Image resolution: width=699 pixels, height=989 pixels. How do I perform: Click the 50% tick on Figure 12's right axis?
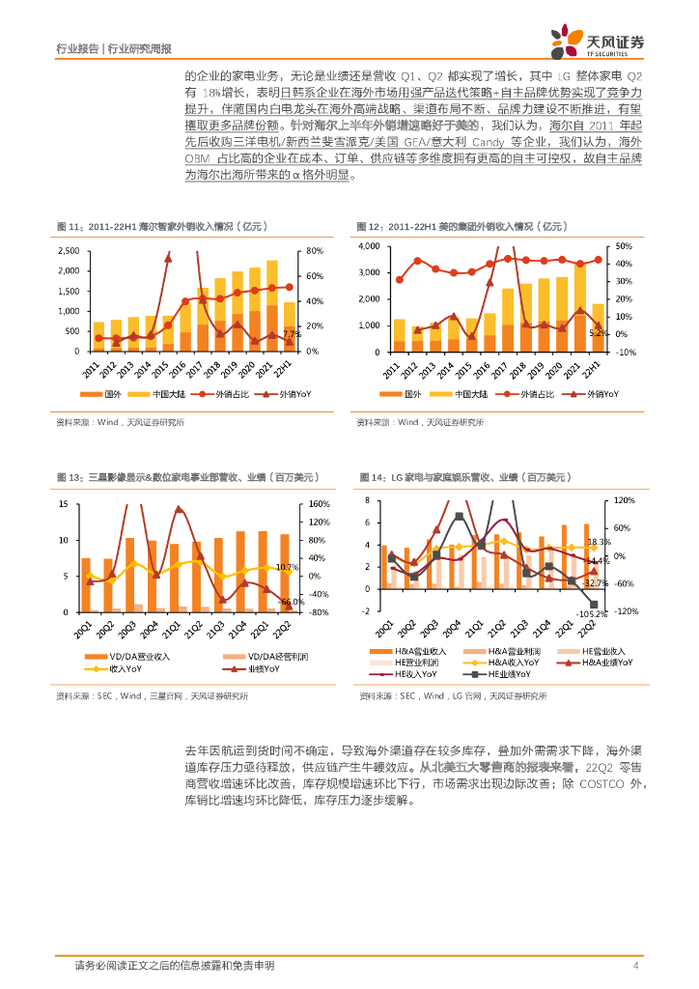(623, 246)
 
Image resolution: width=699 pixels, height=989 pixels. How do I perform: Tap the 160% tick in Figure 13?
(319, 504)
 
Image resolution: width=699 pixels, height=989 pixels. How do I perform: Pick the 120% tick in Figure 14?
(624, 500)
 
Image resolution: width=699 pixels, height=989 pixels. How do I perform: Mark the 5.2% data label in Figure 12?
(598, 332)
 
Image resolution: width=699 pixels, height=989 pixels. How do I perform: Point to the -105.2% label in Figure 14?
(590, 613)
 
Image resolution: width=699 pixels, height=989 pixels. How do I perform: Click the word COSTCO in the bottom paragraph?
(599, 784)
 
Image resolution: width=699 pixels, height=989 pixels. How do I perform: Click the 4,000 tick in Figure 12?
(372, 246)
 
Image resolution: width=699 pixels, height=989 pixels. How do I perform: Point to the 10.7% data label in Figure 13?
(288, 567)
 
